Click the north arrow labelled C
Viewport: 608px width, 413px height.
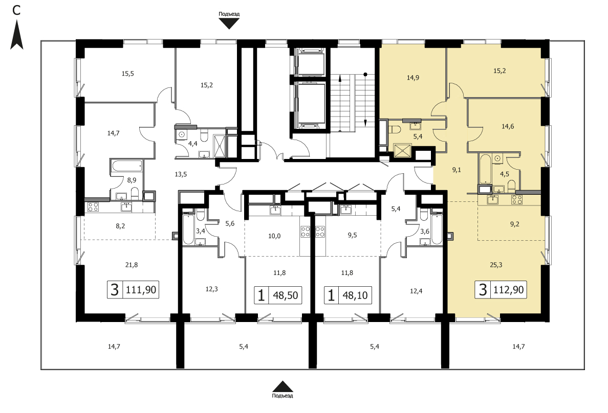(17, 35)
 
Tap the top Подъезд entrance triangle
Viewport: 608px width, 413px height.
(229, 24)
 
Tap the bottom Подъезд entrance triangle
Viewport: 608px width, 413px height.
(283, 386)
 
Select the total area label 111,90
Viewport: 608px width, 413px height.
(141, 289)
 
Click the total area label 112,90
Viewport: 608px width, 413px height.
(509, 289)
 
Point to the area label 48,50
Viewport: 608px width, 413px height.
(286, 295)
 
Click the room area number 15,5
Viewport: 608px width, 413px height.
(127, 73)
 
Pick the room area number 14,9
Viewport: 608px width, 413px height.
(413, 78)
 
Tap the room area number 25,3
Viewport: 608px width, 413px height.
(496, 265)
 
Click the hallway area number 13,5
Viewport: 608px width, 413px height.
(181, 174)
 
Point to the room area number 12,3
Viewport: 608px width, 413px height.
(212, 289)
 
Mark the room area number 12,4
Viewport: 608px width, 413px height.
(416, 291)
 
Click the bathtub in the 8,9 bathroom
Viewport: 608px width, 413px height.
(126, 167)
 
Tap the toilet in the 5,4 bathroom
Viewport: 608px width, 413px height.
(395, 129)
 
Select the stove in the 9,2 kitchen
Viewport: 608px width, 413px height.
(516, 199)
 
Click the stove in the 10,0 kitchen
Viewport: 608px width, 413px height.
(306, 232)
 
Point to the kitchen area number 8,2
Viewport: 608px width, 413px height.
(121, 226)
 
